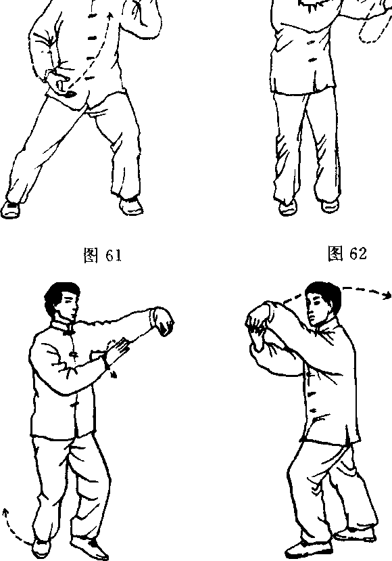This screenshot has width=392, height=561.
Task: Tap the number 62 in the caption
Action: coord(358,253)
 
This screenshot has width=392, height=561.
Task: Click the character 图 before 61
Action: coord(91,255)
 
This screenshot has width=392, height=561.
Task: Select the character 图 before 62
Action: coord(335,253)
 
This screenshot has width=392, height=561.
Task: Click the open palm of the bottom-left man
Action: coord(118,350)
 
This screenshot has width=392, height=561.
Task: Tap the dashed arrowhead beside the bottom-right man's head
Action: coord(387,295)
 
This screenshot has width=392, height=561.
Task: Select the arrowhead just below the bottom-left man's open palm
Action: coord(114,374)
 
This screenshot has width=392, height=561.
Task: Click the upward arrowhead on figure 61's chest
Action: coord(109,16)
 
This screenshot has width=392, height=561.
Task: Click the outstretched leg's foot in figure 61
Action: coord(10,209)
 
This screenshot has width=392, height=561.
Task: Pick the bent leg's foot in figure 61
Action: coord(131,206)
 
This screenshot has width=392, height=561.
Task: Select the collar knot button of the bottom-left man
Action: coord(67,333)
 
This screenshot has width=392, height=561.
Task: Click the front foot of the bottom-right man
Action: coord(308,549)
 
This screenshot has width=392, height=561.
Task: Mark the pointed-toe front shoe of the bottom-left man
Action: coord(89,547)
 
